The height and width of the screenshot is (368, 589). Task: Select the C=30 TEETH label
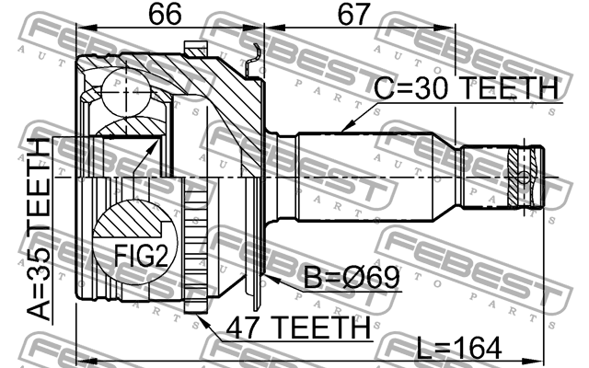coord(466,90)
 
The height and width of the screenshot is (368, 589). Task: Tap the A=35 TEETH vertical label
coord(41,229)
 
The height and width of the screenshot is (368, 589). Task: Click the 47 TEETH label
coord(293,327)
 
